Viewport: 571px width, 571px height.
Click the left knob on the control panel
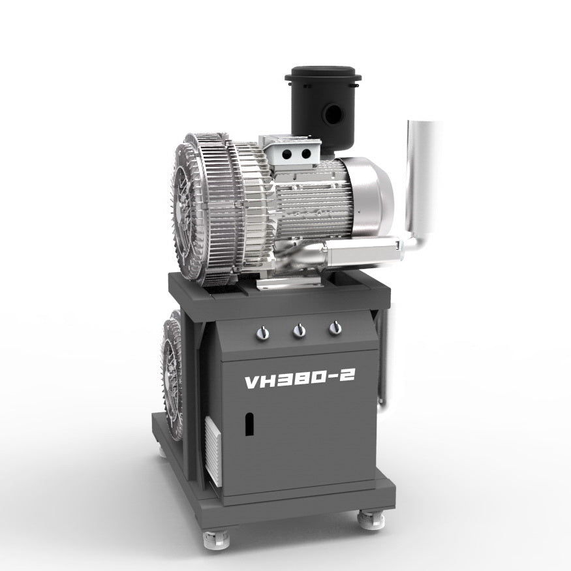[263, 333]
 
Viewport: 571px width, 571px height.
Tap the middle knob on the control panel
[299, 331]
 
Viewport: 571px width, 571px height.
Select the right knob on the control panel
[335, 328]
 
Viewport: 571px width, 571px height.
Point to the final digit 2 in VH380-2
[347, 376]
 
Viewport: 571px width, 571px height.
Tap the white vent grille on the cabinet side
[213, 451]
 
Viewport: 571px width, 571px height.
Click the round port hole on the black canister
[333, 116]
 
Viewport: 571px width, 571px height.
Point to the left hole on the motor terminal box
[287, 153]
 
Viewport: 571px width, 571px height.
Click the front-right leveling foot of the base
[370, 519]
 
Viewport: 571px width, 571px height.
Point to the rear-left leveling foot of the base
[161, 449]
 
